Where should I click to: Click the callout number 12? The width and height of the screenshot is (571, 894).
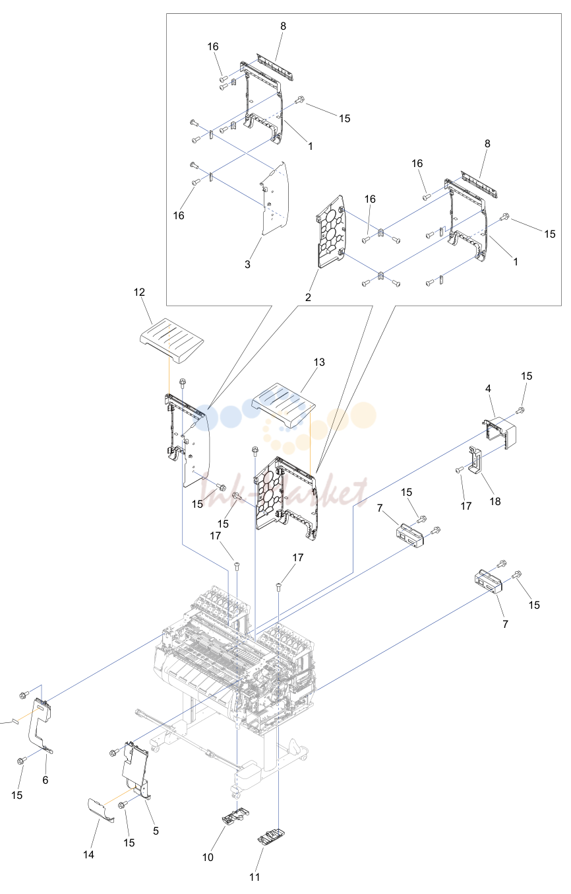coord(139,292)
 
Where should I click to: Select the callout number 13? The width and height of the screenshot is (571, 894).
coord(319,362)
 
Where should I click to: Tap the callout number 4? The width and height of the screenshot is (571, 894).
coord(488,388)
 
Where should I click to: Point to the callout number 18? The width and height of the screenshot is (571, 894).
coord(495,501)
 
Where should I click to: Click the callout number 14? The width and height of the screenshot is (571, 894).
coord(88,854)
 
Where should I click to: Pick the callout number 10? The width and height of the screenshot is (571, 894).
coord(208,857)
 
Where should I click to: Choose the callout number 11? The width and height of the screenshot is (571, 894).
coord(255,877)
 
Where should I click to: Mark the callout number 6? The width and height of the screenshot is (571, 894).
coord(45,780)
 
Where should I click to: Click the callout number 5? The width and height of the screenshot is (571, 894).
coord(156,831)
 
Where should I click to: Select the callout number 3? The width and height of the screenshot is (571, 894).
coord(247,264)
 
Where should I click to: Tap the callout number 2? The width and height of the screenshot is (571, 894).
coord(308,297)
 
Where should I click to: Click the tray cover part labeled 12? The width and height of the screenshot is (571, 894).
coord(172,341)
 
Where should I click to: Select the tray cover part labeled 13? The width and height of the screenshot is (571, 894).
coord(284,405)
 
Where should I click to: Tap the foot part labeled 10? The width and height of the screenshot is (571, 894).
coord(236,816)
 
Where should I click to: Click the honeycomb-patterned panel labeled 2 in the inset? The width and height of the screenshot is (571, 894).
coord(332,232)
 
